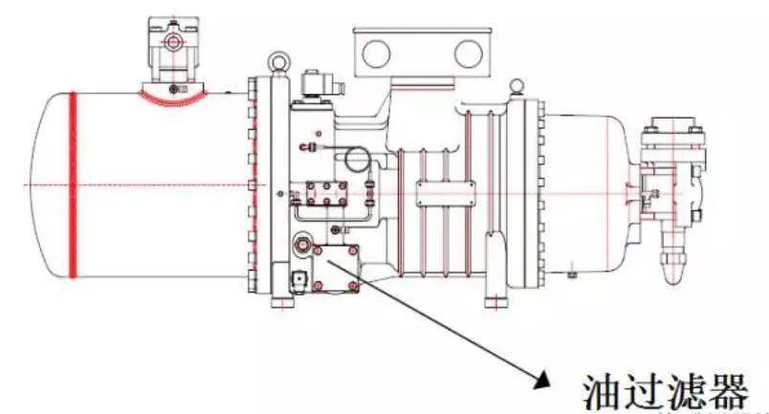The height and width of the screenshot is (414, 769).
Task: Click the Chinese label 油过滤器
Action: pos(666,392)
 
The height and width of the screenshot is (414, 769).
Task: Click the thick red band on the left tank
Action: pos(73,185)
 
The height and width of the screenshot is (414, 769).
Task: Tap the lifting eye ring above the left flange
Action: pos(278,62)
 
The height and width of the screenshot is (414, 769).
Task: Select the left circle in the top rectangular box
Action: pos(377,53)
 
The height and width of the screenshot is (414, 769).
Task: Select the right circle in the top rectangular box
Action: pos(469,53)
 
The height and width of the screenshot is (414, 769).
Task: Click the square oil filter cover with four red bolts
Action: pos(336,269)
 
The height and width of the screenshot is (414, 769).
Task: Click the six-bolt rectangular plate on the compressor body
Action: pos(326,193)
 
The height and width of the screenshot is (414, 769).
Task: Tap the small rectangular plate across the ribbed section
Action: pos(446,193)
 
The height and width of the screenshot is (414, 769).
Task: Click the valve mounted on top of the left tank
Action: pos(174,49)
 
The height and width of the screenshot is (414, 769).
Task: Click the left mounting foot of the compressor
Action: pos(283,299)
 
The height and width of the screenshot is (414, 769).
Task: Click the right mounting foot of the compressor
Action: pos(496,299)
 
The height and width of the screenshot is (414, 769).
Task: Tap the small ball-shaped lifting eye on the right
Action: pos(515,86)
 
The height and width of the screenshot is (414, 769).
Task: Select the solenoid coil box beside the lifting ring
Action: pos(317,85)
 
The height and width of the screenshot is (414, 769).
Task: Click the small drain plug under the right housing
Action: pos(571,273)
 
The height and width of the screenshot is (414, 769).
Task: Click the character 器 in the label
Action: pos(728,392)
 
